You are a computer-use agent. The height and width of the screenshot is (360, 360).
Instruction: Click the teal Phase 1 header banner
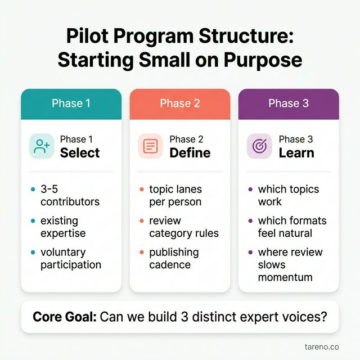click(71, 103)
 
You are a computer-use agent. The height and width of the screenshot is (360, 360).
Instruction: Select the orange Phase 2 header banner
click(179, 103)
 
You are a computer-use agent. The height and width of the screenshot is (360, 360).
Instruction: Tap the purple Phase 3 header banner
click(288, 103)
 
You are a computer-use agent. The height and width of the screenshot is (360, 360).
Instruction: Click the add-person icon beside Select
click(42, 147)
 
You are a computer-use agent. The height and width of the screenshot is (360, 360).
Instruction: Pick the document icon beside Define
click(150, 147)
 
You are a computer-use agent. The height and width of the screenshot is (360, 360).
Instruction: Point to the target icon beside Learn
click(259, 147)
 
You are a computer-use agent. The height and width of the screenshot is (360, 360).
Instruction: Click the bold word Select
click(80, 153)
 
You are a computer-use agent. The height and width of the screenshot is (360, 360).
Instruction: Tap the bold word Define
click(190, 153)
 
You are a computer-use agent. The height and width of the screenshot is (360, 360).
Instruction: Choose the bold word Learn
click(296, 153)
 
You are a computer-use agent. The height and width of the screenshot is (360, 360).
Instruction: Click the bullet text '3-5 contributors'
click(69, 195)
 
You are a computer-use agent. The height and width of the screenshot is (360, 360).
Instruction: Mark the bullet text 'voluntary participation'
click(70, 258)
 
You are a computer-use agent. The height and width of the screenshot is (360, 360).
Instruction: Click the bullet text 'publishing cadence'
click(174, 258)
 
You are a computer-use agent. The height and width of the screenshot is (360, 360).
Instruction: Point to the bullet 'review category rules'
click(183, 227)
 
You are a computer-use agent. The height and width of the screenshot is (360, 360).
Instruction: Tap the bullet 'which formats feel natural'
click(292, 227)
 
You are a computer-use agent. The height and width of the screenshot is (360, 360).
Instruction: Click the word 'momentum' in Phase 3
click(285, 277)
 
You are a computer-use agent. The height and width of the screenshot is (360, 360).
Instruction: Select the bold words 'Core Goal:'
click(64, 316)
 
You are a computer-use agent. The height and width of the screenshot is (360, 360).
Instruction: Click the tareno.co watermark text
click(321, 347)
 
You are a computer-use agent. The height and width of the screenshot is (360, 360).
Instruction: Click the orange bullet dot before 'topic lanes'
click(141, 189)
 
